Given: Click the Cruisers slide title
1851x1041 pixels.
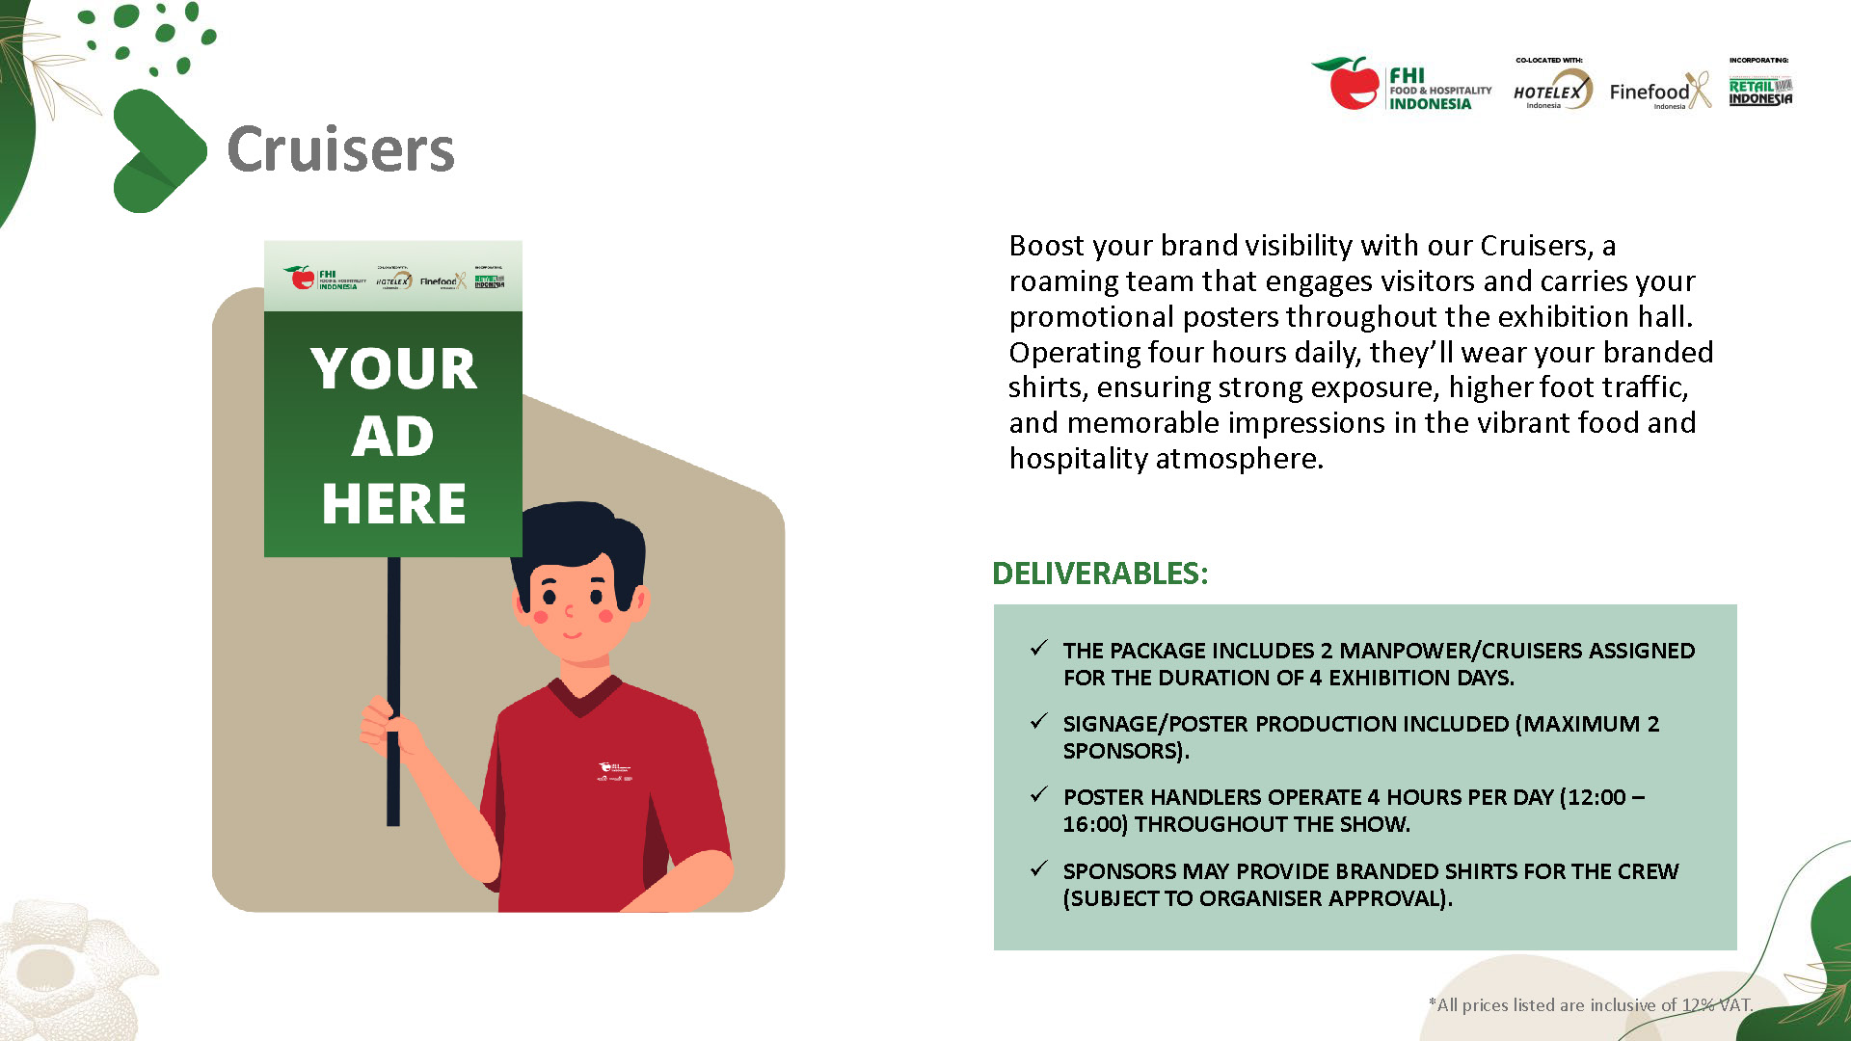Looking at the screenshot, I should point(340,149).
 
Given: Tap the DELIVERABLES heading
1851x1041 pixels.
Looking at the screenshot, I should point(1099,574).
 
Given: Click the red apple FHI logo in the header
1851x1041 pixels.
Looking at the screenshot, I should point(1352,83).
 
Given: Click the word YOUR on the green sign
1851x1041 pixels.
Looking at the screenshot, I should point(393,369).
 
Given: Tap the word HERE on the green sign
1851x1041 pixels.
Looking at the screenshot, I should point(393,504).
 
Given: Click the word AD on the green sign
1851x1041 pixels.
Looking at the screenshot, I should point(392,437).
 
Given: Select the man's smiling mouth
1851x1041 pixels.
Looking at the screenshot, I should point(573,635).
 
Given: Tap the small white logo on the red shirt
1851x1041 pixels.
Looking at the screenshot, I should point(614,771).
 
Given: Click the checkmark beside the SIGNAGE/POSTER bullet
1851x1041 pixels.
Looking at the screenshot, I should point(1038,722).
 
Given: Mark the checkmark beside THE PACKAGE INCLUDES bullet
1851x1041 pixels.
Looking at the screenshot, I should point(1038,649).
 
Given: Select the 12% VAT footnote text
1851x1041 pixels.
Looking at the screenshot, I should point(1590,1005).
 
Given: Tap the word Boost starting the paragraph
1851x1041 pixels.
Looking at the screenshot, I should point(1046,246).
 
